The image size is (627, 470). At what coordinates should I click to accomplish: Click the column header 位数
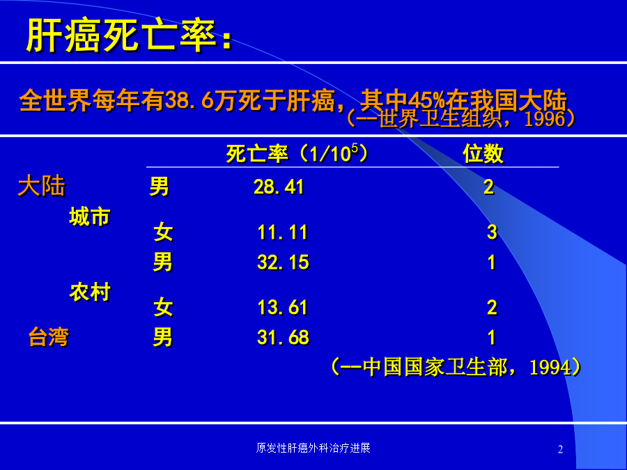point(483,153)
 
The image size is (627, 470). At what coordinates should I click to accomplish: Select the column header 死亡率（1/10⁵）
point(297,153)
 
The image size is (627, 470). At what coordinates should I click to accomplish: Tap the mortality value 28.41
point(279,187)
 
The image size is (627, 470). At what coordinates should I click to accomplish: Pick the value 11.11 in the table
point(283,232)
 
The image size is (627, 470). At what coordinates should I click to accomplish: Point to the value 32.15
point(283,263)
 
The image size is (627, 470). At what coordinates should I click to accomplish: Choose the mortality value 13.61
point(283,307)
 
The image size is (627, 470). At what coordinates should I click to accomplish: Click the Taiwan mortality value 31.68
point(283,337)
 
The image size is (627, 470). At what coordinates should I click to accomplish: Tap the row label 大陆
point(42,186)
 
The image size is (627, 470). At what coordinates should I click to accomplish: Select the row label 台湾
point(49,337)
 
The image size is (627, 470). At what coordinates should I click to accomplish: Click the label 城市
point(90,217)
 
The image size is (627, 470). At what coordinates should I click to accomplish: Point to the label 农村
point(90,292)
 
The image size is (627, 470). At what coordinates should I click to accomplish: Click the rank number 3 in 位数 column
point(493,232)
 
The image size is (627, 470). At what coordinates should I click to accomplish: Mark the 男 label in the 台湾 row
point(163,337)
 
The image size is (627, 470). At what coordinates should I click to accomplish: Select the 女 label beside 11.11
point(163,232)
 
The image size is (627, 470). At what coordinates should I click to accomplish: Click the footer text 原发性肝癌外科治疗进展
point(313,448)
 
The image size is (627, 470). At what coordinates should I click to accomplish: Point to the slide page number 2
point(560,450)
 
